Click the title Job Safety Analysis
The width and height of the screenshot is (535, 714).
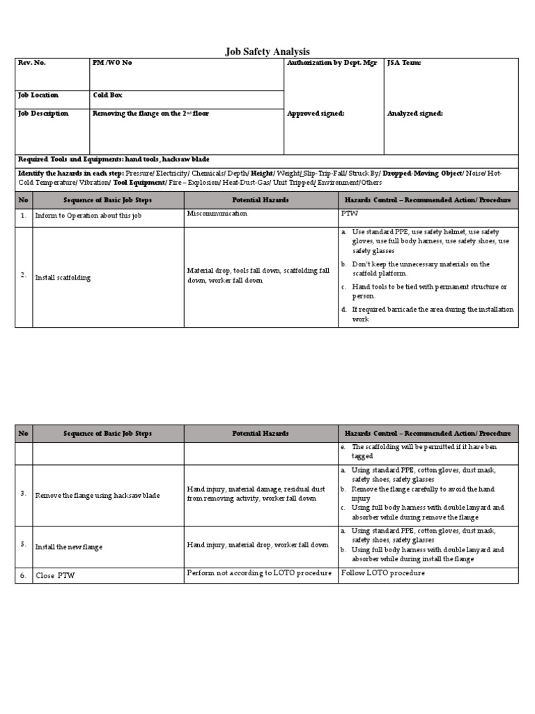click(267, 52)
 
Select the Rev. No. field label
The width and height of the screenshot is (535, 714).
click(32, 63)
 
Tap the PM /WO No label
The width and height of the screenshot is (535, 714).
click(112, 63)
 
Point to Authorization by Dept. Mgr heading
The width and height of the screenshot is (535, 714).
click(332, 63)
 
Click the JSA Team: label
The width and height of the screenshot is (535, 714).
click(404, 63)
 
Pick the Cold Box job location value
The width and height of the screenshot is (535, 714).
click(107, 95)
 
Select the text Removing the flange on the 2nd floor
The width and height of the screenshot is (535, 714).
click(150, 113)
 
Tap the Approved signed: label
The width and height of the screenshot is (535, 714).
click(316, 113)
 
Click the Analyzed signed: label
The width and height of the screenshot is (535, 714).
click(414, 113)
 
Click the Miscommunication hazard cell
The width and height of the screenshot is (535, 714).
click(217, 213)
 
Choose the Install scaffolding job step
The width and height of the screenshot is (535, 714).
click(63, 278)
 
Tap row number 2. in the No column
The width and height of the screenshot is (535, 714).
click(23, 275)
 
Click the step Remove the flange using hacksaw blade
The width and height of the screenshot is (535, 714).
click(98, 495)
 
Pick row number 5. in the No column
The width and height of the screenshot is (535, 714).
click(23, 545)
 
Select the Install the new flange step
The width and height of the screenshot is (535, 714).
click(69, 547)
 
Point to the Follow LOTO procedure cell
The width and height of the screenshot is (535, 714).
click(382, 573)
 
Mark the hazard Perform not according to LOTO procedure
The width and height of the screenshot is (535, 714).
click(259, 573)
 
